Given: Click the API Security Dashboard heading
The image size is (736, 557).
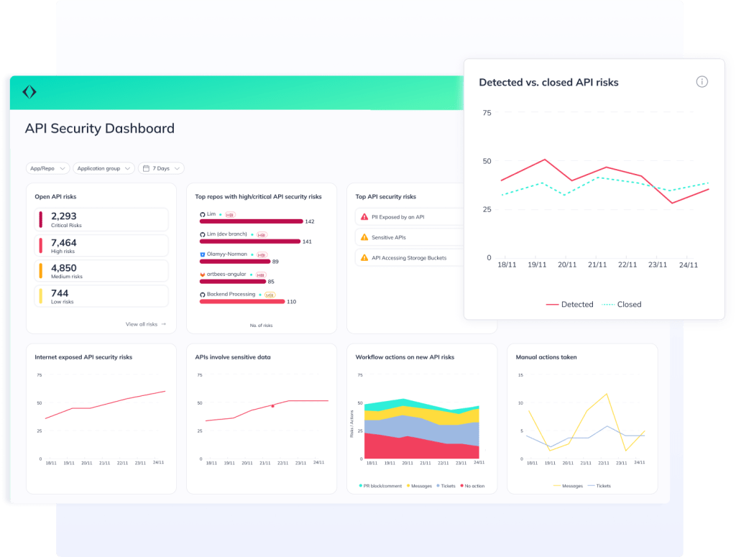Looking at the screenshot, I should point(99,129).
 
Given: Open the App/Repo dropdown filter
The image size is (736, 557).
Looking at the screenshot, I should point(47,168).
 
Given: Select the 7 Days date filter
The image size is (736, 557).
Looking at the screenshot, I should point(161,168).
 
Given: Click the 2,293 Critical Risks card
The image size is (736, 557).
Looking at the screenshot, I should point(101,220).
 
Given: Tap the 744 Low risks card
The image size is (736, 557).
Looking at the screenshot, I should point(101,297).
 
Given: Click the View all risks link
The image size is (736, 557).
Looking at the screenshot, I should point(145,324).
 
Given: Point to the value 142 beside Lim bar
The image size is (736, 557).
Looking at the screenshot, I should point(309,221).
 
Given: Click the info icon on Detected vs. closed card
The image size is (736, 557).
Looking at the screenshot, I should point(701,82).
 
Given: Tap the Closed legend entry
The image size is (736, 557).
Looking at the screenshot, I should point(622,304).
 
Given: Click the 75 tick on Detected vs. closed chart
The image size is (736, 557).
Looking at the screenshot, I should point(487,113).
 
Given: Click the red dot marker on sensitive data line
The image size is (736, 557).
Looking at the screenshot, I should point(272,406).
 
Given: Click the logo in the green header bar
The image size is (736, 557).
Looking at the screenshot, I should point(29,92).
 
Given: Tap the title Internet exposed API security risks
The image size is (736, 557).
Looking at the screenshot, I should point(83,356).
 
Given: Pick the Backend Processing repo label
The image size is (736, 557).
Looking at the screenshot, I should point(231,294).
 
